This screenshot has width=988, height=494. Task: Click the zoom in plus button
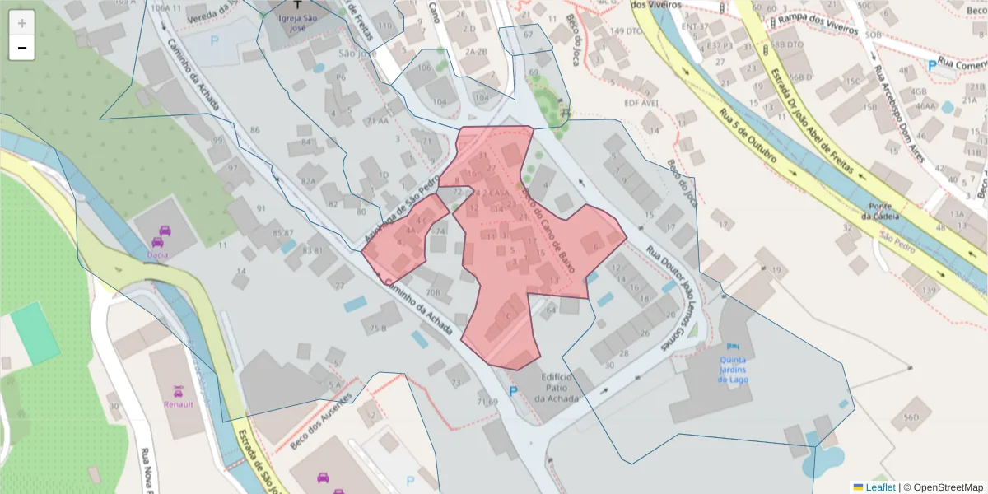coord(22,22)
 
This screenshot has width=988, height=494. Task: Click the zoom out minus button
coord(22,49)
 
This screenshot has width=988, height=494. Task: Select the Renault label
coord(179,404)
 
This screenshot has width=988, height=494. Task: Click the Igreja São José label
coord(299,21)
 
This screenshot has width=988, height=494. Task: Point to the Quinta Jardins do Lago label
coord(734,369)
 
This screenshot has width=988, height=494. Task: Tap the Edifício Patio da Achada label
coord(557,387)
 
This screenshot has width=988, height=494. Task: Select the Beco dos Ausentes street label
coord(320,421)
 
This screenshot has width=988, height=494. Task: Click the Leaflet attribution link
coord(880,487)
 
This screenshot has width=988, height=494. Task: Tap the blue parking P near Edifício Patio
coord(513,392)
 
